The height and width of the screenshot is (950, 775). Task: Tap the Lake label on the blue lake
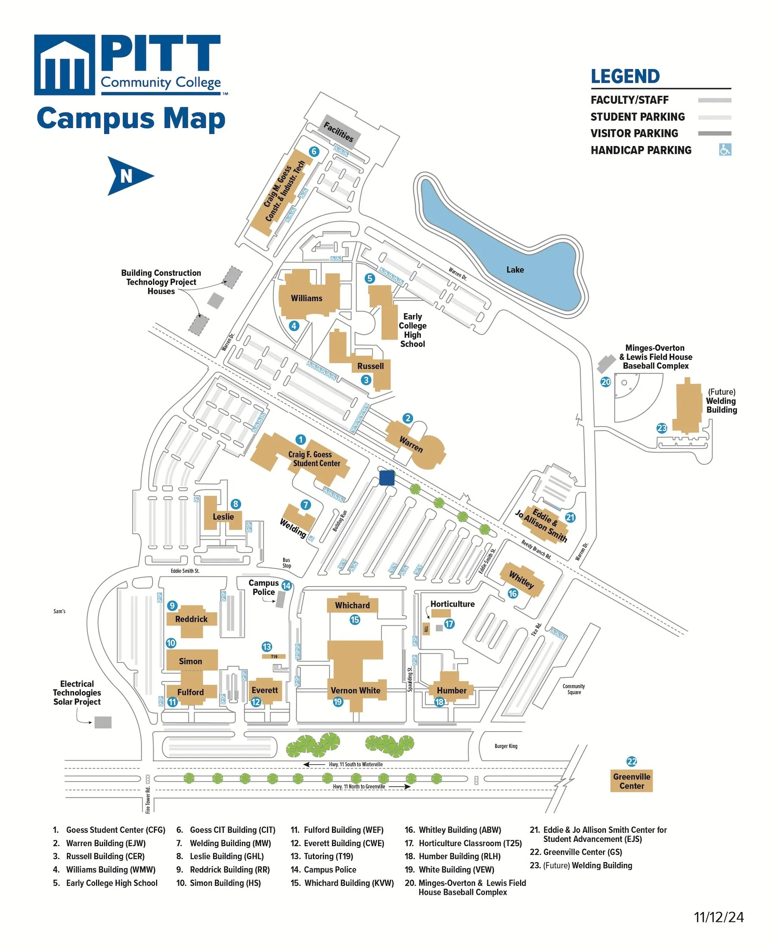tap(515, 270)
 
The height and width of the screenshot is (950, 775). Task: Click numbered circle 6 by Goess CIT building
tap(314, 151)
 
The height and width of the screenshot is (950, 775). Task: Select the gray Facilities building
tap(338, 131)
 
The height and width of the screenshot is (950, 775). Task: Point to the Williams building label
tap(306, 298)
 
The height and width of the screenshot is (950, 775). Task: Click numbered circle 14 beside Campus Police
tap(287, 586)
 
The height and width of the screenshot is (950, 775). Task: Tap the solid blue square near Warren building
tap(387, 477)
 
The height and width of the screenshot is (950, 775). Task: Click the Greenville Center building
tap(631, 781)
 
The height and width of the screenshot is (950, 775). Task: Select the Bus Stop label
tap(287, 563)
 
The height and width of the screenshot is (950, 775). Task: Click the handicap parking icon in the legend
tap(725, 150)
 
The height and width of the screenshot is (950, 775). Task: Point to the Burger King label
tap(506, 746)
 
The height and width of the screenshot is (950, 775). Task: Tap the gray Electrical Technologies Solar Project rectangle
tap(102, 722)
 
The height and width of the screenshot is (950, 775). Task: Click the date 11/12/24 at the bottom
tap(718, 917)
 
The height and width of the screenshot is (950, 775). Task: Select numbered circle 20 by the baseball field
tap(605, 382)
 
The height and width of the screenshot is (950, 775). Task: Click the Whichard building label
tap(352, 605)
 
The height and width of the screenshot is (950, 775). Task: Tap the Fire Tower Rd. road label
tap(148, 800)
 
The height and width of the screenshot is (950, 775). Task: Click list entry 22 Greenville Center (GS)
tap(582, 852)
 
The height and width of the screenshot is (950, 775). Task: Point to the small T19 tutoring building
tap(274, 656)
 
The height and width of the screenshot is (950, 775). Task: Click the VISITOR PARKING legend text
tap(634, 134)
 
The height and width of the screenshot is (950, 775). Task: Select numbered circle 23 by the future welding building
tap(662, 428)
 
